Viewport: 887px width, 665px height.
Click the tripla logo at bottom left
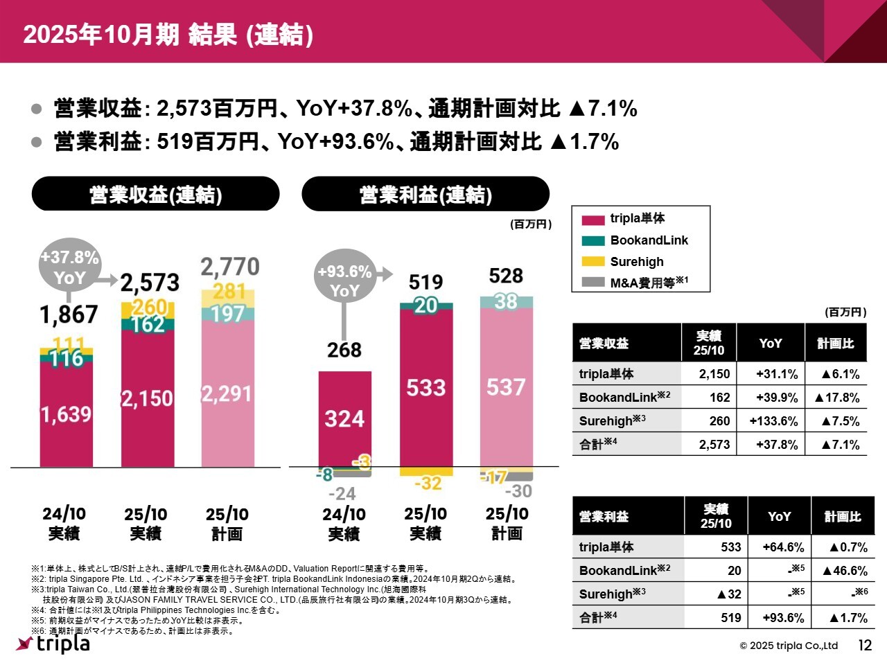[x=53, y=644]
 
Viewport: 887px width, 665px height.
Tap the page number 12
[x=865, y=646]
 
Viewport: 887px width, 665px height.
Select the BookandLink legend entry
[x=649, y=240]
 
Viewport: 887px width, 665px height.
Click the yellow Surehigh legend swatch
[x=592, y=262]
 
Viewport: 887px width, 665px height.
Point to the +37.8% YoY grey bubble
[x=69, y=267]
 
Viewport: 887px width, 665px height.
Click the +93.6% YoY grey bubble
[x=344, y=281]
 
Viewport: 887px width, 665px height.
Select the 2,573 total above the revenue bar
[x=150, y=283]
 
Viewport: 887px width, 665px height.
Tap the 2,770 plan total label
[x=230, y=267]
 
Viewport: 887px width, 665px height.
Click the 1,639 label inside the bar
[x=66, y=414]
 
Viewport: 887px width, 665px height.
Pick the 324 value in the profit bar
[x=344, y=419]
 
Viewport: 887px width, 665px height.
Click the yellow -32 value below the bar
[x=428, y=483]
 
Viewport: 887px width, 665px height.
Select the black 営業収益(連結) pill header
[x=155, y=195]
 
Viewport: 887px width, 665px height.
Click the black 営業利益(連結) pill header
[x=425, y=195]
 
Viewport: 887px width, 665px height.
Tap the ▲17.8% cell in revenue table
[x=836, y=398]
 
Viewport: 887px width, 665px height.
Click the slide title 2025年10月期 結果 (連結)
[x=168, y=35]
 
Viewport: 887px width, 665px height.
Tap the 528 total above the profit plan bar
[x=506, y=276]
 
